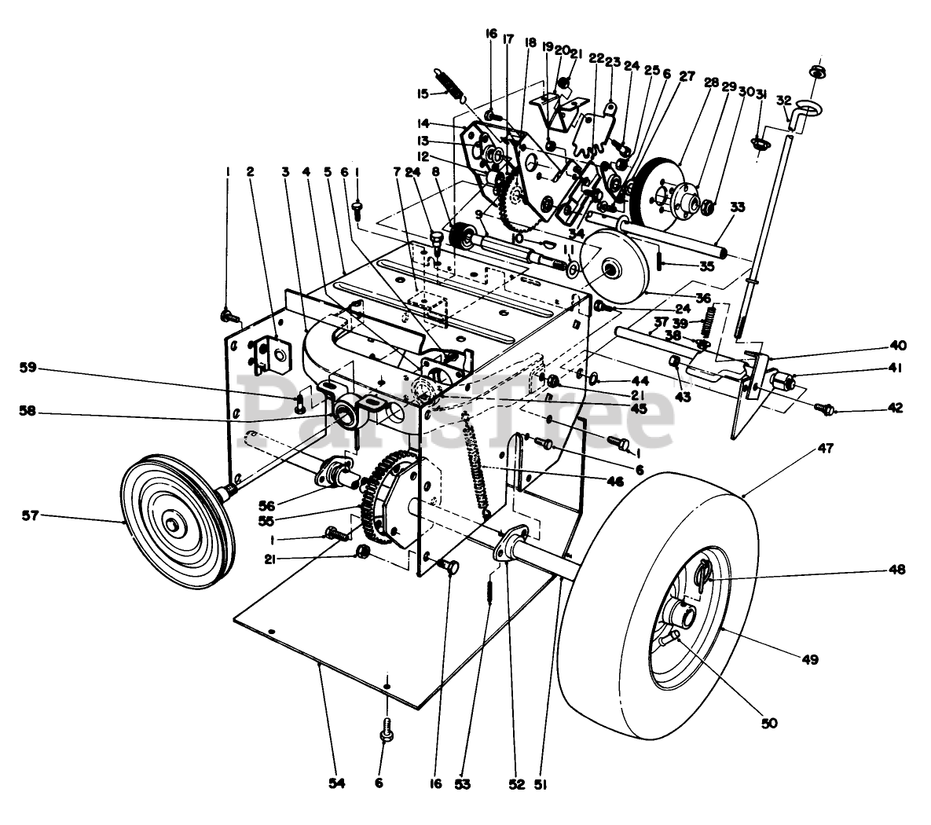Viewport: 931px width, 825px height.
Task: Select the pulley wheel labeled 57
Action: [173, 523]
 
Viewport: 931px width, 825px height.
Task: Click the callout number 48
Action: [895, 569]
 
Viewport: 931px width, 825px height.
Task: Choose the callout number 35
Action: [706, 266]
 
